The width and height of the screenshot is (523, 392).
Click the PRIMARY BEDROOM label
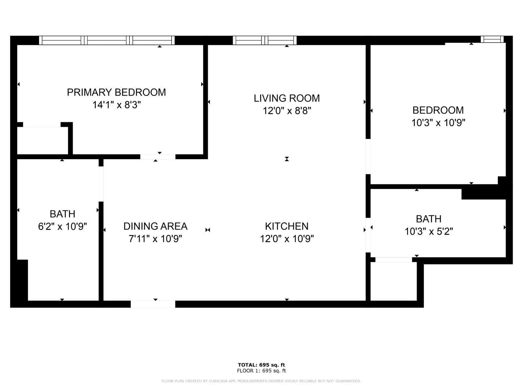tap(116, 92)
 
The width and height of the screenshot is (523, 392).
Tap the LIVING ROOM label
tap(287, 98)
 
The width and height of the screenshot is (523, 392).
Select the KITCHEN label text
tap(287, 226)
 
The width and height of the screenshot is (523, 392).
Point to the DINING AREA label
tap(156, 226)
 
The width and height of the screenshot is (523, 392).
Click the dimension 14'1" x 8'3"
tap(116, 105)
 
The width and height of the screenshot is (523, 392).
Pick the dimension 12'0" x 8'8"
tap(287, 111)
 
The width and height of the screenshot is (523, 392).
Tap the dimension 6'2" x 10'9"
tap(62, 226)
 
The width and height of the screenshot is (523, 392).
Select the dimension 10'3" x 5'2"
tap(429, 231)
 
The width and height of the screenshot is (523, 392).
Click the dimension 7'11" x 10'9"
tap(156, 238)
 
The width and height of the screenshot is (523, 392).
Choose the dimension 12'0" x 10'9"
tap(287, 238)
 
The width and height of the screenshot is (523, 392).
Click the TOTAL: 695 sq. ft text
tap(261, 365)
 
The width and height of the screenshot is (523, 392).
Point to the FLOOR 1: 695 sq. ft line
tap(261, 371)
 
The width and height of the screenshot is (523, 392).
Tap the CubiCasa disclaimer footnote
tap(261, 381)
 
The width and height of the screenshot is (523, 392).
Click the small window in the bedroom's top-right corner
tap(492, 39)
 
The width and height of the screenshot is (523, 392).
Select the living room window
tap(265, 40)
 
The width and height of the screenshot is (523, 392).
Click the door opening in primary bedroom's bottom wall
tap(158, 156)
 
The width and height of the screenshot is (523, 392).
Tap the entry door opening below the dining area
tap(153, 304)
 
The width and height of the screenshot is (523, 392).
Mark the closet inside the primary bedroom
tap(43, 140)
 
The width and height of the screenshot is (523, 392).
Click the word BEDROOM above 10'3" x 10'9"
tap(438, 110)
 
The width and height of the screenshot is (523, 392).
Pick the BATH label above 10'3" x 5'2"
tap(429, 219)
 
